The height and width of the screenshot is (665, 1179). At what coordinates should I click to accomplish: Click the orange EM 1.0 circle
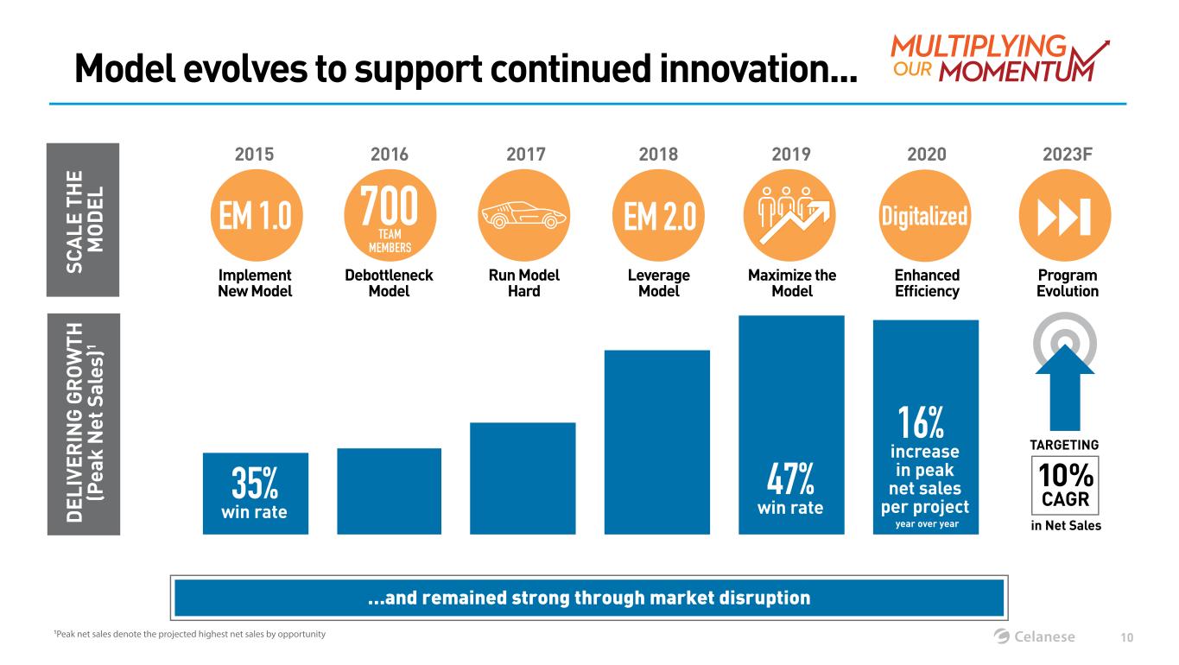click(255, 215)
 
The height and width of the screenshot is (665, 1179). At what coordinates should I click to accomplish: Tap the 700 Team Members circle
click(390, 215)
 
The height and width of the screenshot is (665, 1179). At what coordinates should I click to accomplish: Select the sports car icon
click(524, 215)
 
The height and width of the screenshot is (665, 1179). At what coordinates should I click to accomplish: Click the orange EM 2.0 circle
click(658, 215)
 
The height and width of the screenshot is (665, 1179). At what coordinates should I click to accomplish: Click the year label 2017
click(524, 155)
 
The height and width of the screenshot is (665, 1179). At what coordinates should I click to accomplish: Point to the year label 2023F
click(1067, 155)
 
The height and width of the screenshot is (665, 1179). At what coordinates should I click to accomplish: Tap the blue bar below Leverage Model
click(657, 441)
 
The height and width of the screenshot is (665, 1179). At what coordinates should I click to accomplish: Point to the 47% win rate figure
click(790, 479)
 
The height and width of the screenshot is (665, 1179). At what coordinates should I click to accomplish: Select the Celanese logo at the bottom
click(1035, 636)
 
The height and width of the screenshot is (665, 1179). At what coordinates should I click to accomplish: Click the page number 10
click(1126, 637)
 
